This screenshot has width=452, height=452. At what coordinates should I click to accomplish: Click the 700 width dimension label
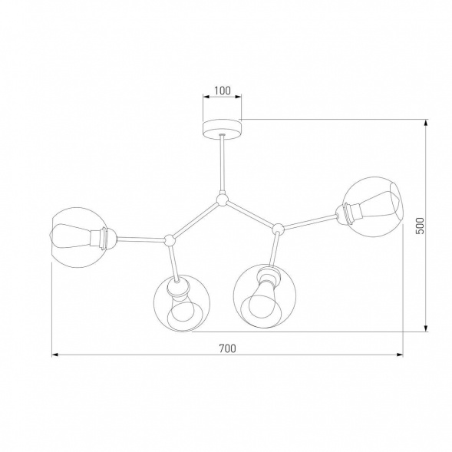click(x=226, y=348)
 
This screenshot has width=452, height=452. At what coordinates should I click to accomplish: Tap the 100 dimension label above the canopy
click(x=222, y=91)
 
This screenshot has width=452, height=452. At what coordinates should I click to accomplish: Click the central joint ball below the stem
click(x=222, y=201)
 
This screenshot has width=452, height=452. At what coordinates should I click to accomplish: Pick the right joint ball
click(x=278, y=227)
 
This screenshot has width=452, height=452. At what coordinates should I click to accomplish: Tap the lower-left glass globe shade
click(x=183, y=303)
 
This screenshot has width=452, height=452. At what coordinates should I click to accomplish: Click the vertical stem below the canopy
click(x=222, y=165)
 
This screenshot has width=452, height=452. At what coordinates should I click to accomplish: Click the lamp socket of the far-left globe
click(x=103, y=238)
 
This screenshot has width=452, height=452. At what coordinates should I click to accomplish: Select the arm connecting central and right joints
click(x=249, y=214)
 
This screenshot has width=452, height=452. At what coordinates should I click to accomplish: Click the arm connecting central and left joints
click(x=196, y=221)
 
